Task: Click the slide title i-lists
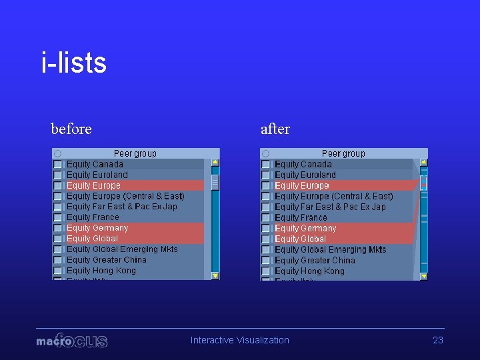click(x=73, y=63)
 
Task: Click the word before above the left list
click(x=71, y=129)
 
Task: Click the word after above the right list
click(x=275, y=129)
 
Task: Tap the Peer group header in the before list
click(x=135, y=153)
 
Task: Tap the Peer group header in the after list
click(x=343, y=153)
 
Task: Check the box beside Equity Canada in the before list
click(x=58, y=164)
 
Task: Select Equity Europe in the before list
click(x=94, y=185)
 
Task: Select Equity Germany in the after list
click(x=305, y=228)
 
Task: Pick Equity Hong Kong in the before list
click(x=101, y=271)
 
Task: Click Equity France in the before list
click(x=93, y=217)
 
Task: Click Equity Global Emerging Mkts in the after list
click(x=330, y=249)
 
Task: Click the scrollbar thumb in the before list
click(x=215, y=181)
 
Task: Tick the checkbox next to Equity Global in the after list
click(x=266, y=239)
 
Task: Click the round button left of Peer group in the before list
click(x=58, y=153)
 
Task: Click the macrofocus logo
click(x=72, y=341)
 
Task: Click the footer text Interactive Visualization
click(x=240, y=340)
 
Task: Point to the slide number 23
click(x=438, y=340)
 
